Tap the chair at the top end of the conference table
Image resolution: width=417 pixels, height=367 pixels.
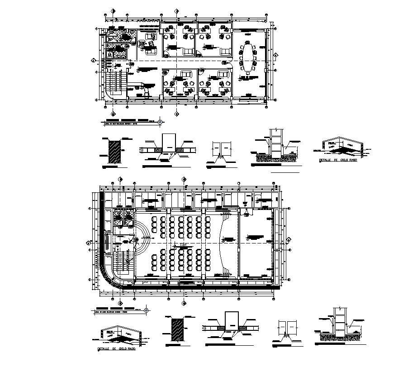tap(247, 42)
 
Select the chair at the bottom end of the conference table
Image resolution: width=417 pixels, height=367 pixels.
tap(247, 71)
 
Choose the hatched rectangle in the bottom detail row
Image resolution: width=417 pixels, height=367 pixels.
tap(177, 331)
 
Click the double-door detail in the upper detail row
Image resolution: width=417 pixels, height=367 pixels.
tap(222, 150)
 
